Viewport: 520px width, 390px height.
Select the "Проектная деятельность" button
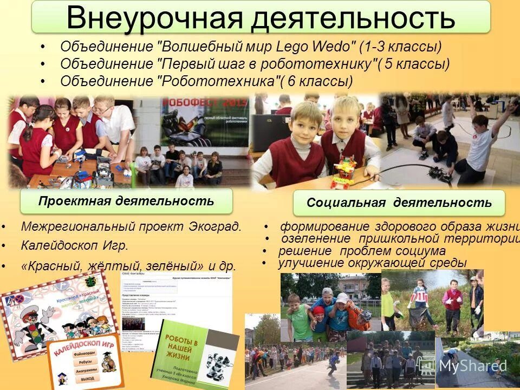click(x=126, y=201)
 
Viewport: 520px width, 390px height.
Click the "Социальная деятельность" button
click(x=399, y=203)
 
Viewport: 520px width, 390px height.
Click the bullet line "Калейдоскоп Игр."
click(x=75, y=245)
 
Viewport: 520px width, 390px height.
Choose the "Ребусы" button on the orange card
click(x=86, y=362)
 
